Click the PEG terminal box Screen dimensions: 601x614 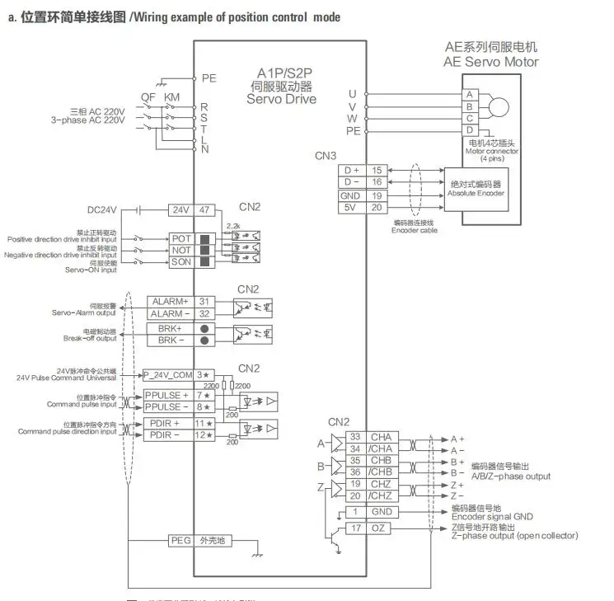click(180, 541)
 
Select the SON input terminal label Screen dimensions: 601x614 click(181, 262)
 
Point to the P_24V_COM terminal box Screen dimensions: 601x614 click(167, 375)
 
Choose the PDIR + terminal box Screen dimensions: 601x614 click(167, 423)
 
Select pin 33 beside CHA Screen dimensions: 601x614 click(355, 437)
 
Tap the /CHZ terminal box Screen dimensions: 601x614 click(381, 495)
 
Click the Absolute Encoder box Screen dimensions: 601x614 click(476, 187)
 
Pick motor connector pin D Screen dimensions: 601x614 click(469, 129)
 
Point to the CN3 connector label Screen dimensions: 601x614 click(326, 155)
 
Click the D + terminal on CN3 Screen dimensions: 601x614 click(351, 170)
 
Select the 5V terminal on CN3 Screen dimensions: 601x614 click(351, 207)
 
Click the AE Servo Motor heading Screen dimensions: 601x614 click(490, 62)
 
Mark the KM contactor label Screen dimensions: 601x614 click(171, 96)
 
